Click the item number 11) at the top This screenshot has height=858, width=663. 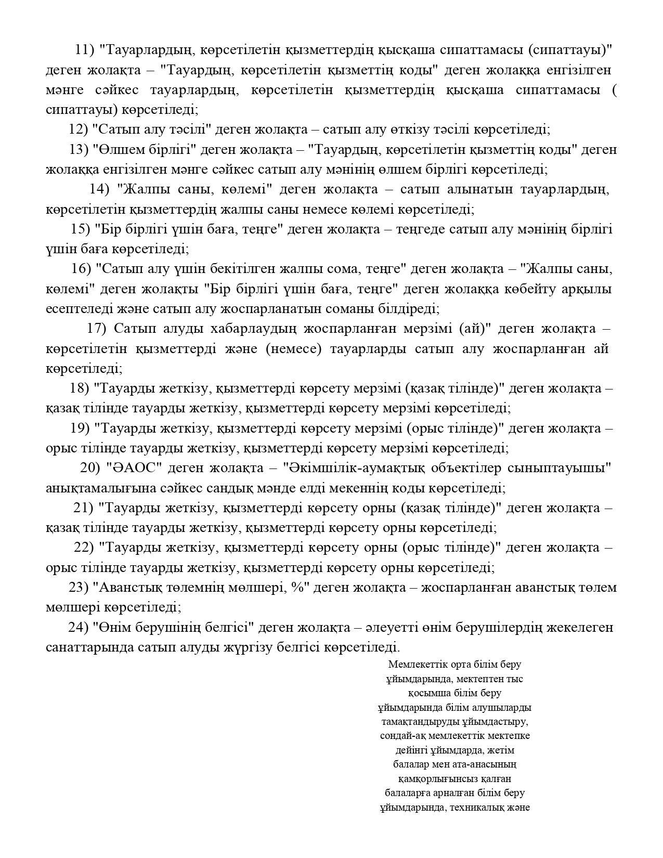point(84,50)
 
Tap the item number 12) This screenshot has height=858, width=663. point(79,129)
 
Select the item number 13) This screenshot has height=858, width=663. point(79,150)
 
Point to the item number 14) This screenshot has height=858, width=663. point(99,189)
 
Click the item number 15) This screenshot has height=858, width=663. point(81,229)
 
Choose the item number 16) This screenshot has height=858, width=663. point(81,269)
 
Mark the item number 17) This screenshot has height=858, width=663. point(96,329)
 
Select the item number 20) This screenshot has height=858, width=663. point(90,468)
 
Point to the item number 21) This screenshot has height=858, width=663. point(83,508)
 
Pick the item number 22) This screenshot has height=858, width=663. point(84,548)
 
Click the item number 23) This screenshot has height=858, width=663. point(79,588)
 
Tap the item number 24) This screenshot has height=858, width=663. point(79,628)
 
